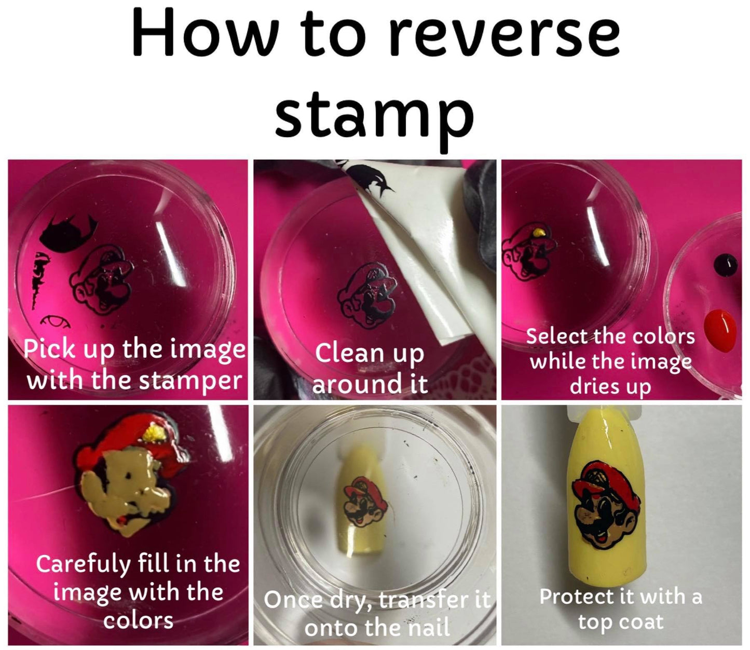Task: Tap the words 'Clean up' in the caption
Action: click(370, 354)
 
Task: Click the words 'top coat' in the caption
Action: click(620, 622)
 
